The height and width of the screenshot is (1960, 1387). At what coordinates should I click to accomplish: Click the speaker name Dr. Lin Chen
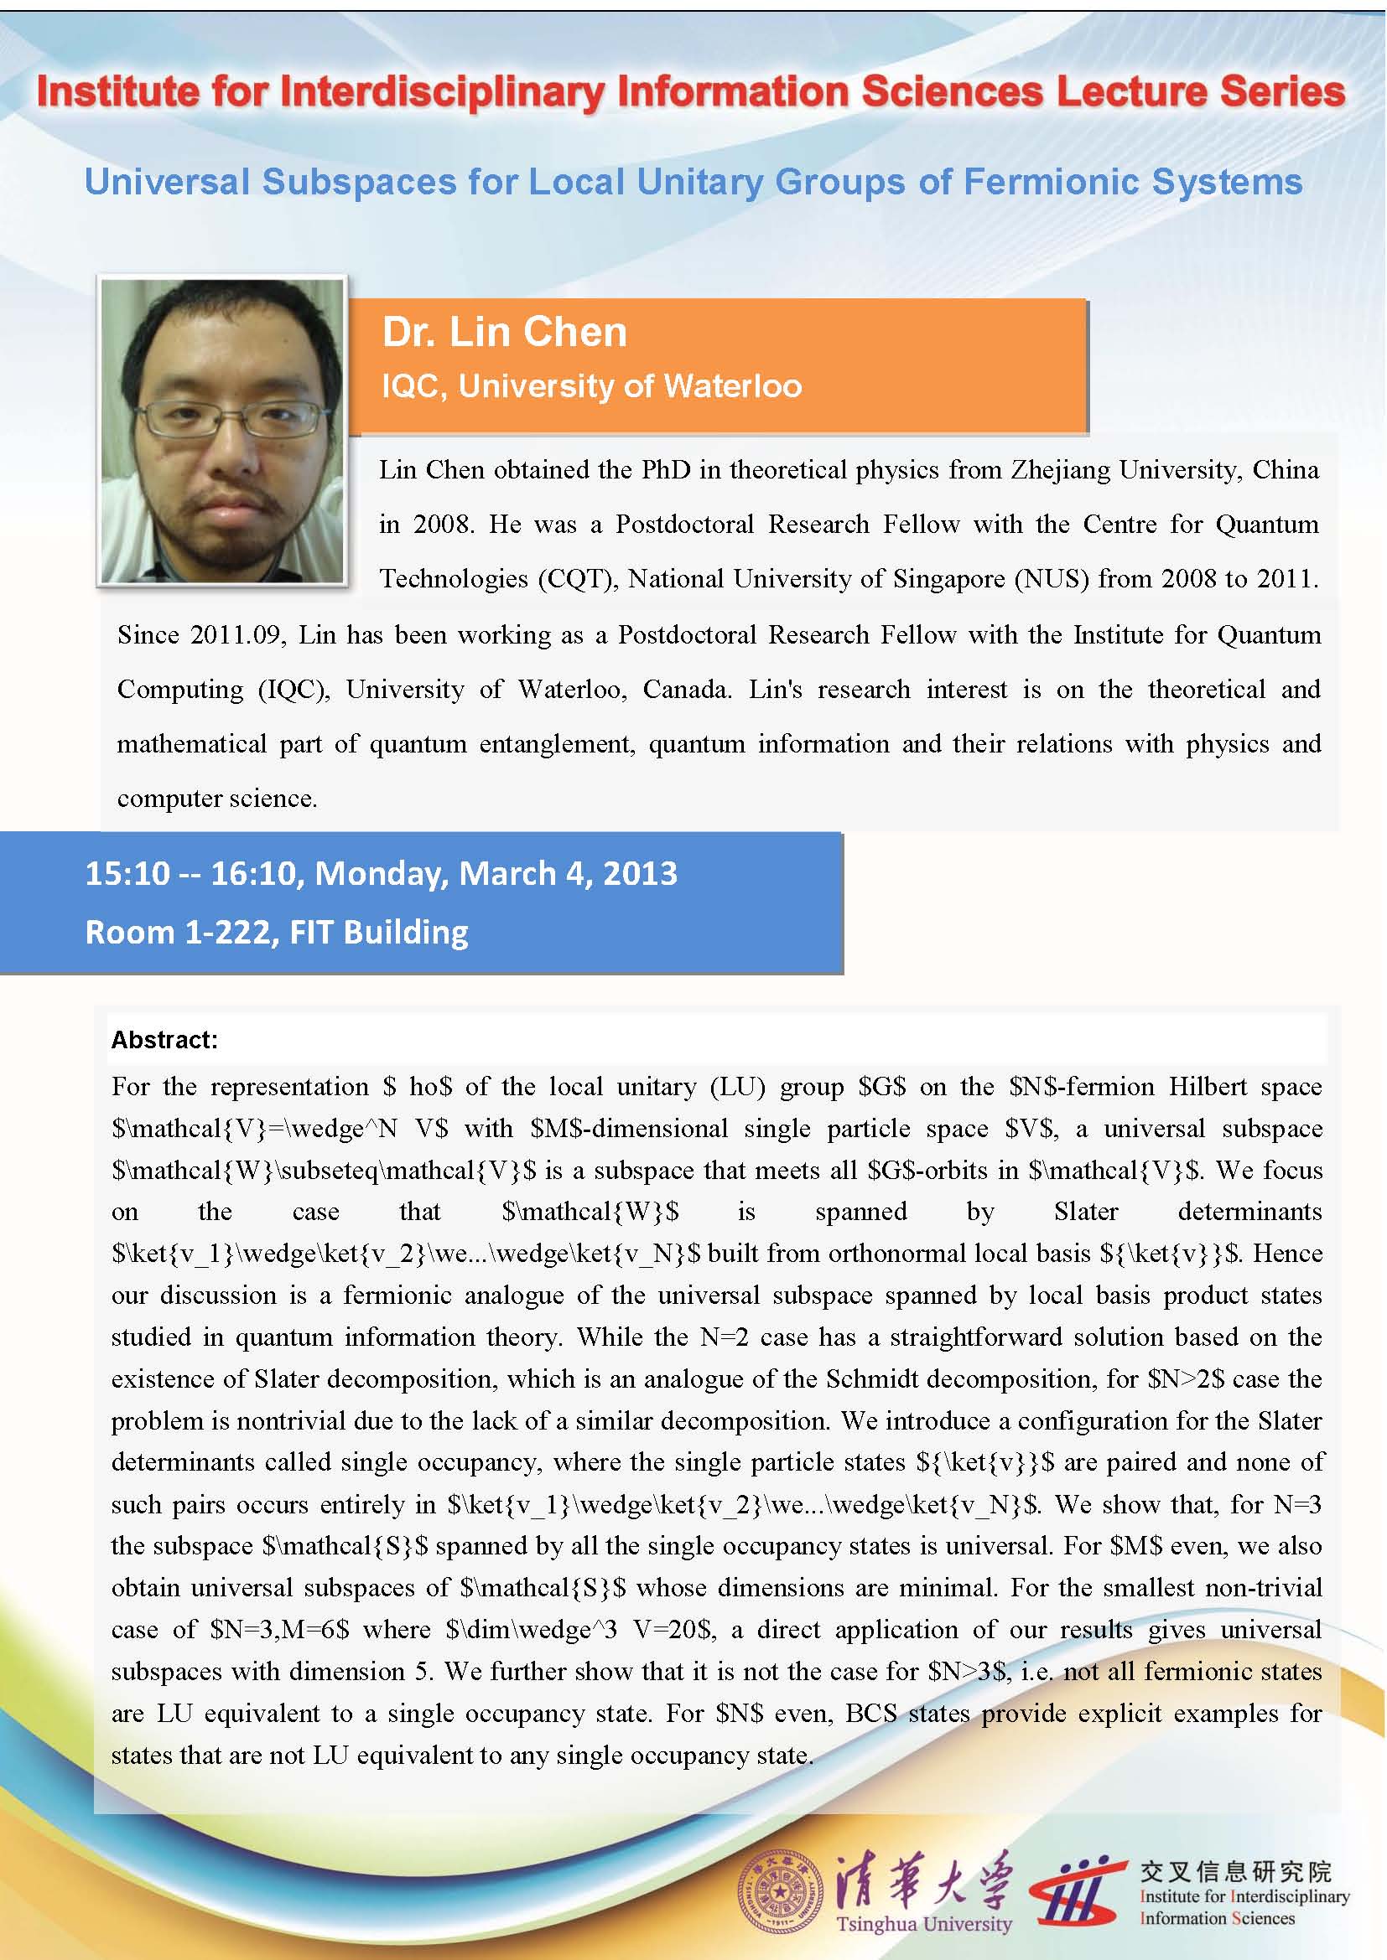pyautogui.click(x=504, y=332)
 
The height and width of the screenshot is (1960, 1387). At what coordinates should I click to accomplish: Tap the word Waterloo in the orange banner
pyautogui.click(x=732, y=386)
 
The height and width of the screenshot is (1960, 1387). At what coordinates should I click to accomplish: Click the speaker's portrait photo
pyautogui.click(x=222, y=431)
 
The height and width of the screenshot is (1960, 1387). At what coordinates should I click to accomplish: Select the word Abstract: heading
pyautogui.click(x=165, y=1040)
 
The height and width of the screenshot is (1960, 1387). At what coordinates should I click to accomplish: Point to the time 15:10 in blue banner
pyautogui.click(x=127, y=873)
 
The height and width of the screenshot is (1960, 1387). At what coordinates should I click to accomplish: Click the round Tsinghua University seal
pyautogui.click(x=777, y=1894)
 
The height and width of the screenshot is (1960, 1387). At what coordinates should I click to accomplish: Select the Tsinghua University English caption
pyautogui.click(x=923, y=1924)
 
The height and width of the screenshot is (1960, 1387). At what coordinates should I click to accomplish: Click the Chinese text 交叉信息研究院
pyautogui.click(x=1235, y=1871)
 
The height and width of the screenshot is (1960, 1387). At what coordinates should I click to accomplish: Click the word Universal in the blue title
pyautogui.click(x=167, y=182)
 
